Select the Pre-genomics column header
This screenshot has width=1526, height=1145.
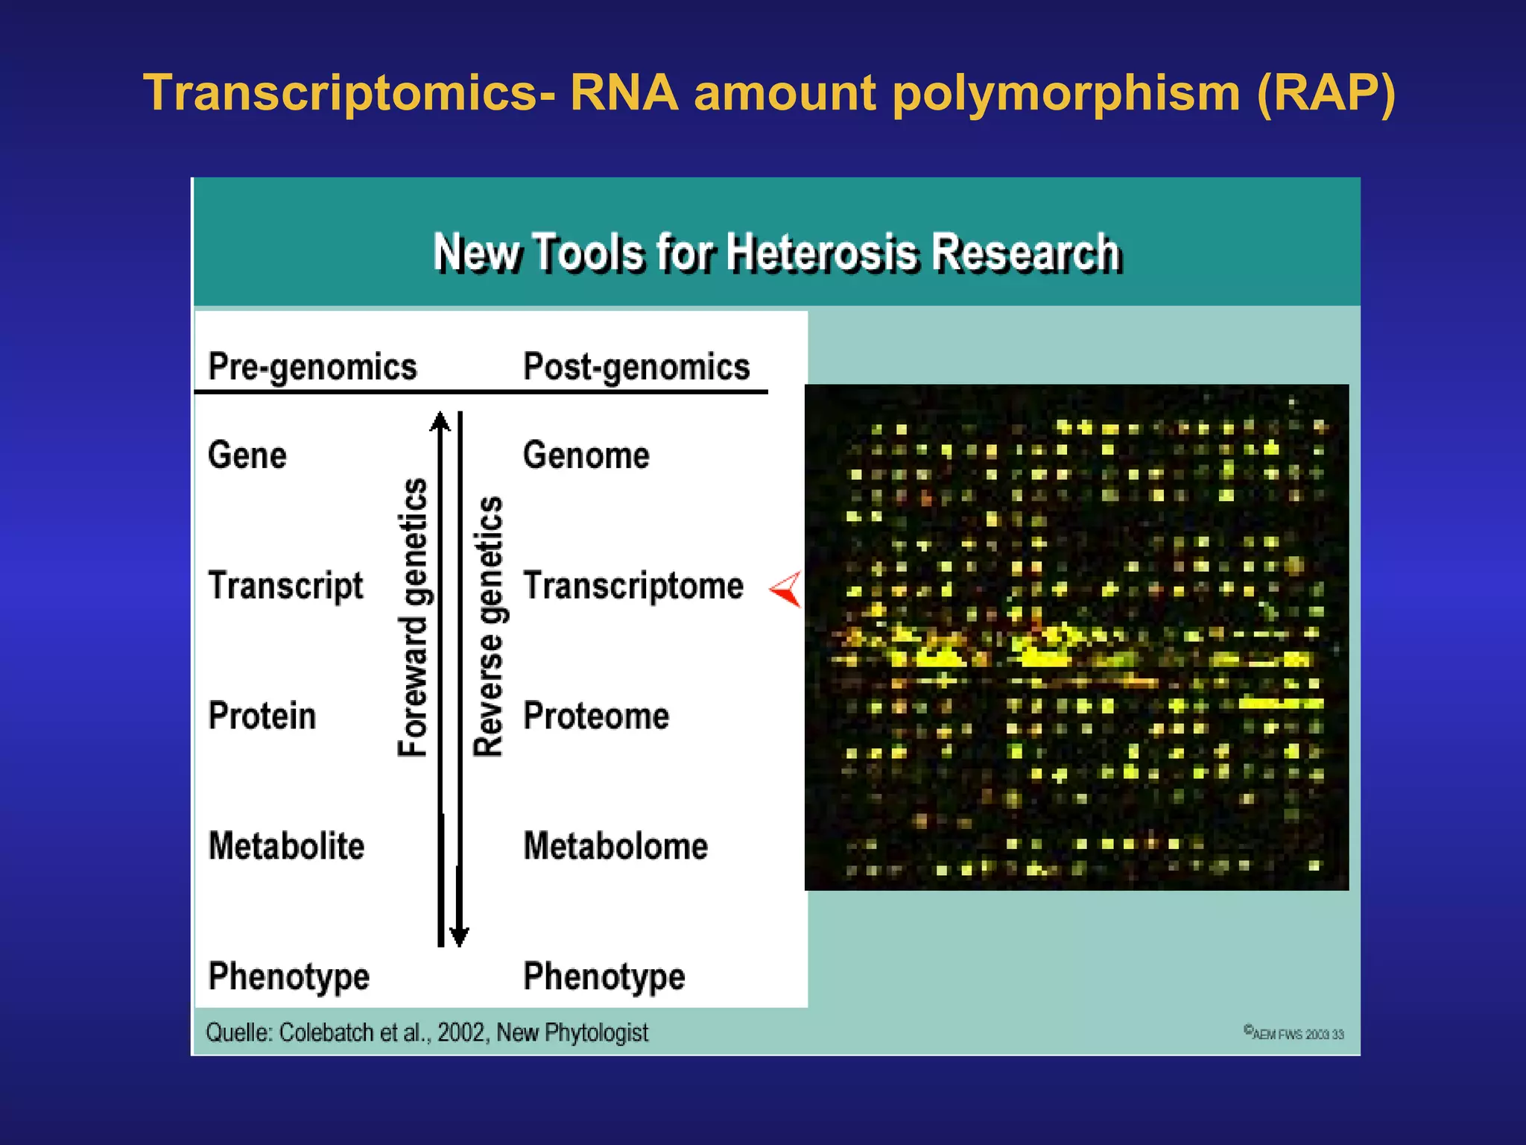click(x=312, y=367)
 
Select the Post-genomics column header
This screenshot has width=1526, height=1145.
click(x=636, y=367)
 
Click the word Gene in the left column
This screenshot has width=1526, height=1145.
click(x=247, y=455)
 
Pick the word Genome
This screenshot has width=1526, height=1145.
click(x=586, y=455)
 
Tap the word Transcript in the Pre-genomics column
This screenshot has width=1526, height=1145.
click(x=285, y=586)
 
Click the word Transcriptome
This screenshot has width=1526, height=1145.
click(x=633, y=586)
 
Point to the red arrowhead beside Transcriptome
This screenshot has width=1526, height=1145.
click(x=788, y=590)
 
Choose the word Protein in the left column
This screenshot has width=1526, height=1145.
click(x=262, y=716)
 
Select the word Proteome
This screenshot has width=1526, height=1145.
click(x=596, y=716)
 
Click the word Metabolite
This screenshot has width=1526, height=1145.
click(x=286, y=846)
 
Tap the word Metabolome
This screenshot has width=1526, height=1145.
click(x=615, y=846)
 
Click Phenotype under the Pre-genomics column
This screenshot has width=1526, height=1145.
click(x=288, y=977)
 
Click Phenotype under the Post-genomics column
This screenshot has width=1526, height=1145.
click(x=604, y=977)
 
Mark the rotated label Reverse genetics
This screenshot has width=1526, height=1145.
click(x=489, y=626)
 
